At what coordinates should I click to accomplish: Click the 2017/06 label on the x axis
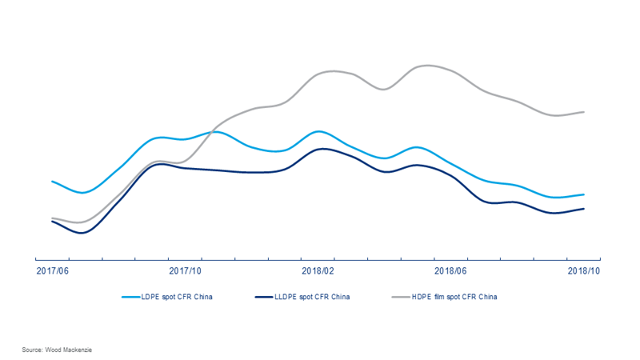(52, 270)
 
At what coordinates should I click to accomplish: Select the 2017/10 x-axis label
(185, 270)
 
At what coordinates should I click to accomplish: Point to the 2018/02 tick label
(317, 270)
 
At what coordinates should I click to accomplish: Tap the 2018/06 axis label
(450, 270)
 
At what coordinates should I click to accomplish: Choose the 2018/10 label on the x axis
(583, 270)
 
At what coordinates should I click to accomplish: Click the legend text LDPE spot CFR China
(178, 298)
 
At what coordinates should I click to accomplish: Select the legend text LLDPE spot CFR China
(312, 298)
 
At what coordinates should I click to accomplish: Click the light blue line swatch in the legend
(131, 298)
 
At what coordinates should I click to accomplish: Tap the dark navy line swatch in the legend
(264, 298)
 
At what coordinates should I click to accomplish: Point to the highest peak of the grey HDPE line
(428, 66)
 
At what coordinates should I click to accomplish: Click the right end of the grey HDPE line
(585, 112)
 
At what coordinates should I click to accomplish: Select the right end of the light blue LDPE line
(585, 194)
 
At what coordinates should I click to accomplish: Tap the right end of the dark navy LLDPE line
(585, 209)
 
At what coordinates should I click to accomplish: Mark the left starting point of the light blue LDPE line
(52, 182)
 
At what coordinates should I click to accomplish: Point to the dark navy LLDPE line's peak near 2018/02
(320, 149)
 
